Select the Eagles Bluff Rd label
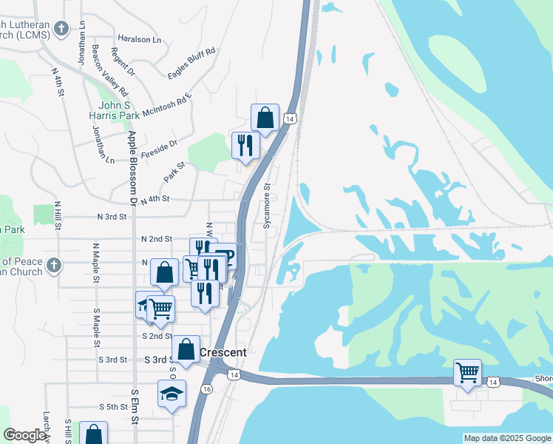[x=190, y=61]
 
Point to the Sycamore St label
[x=268, y=206]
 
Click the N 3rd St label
[x=112, y=218]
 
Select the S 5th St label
[x=114, y=407]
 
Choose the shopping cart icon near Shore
[x=467, y=371]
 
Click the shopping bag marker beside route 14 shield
[x=265, y=117]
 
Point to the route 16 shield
[x=206, y=389]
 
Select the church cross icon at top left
[x=61, y=29]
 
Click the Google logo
[x=24, y=435]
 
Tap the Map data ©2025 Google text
[x=507, y=438]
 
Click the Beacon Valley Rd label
[x=109, y=70]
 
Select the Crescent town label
[x=223, y=352]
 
